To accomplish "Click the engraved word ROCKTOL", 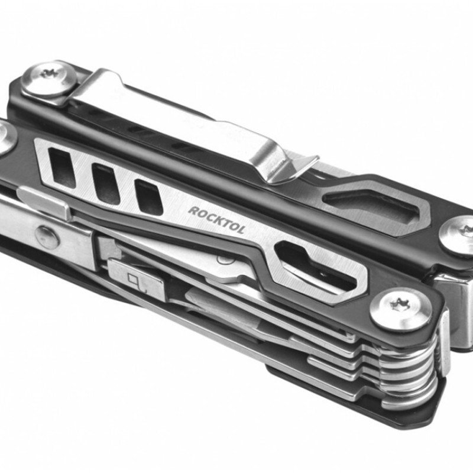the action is pyautogui.click(x=216, y=220).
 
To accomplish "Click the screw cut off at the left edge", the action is pyautogui.click(x=7, y=138).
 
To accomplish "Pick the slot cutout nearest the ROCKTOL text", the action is pyautogui.click(x=149, y=197).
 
